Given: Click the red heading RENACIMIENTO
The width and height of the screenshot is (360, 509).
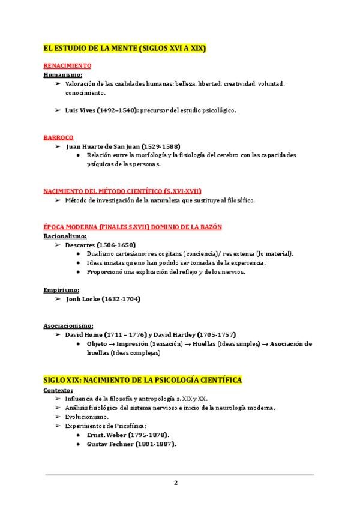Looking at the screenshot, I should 67,65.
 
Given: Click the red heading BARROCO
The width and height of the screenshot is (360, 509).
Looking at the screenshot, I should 58,137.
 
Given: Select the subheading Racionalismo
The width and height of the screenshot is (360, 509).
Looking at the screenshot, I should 65,236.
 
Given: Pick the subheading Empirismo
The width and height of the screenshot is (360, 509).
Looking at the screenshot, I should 62,290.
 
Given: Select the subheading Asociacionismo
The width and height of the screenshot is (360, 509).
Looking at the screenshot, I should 68,325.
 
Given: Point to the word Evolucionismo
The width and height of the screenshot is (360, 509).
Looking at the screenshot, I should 88,417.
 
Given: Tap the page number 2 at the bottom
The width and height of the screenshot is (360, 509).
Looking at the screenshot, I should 176,483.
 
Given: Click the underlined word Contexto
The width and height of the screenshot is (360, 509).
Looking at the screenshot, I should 58,390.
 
